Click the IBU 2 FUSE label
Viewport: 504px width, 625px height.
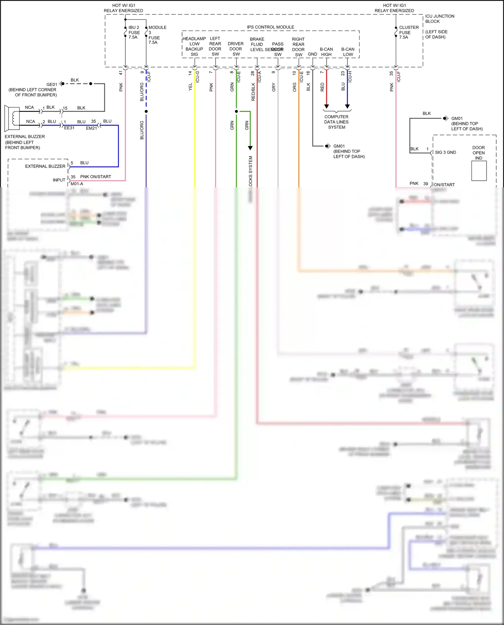point(134,32)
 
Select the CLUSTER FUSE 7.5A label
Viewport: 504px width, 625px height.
point(409,32)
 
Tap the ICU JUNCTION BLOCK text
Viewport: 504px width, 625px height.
point(439,19)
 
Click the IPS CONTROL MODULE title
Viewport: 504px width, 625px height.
point(270,27)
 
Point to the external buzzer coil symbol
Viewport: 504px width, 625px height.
point(13,118)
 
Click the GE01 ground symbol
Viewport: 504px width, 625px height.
point(62,84)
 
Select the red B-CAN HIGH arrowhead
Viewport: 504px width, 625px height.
point(326,106)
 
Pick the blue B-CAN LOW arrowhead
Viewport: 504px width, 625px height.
point(347,106)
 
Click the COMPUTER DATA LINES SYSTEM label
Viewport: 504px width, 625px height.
point(336,122)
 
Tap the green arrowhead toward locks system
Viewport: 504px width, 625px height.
point(250,148)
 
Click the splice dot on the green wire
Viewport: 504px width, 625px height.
point(236,111)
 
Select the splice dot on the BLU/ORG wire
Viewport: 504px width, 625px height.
point(146,111)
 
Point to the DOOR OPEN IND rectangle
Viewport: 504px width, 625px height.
point(479,171)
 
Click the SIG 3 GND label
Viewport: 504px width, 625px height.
point(445,152)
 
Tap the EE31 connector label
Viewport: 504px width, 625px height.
point(69,128)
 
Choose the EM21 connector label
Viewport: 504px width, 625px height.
point(91,128)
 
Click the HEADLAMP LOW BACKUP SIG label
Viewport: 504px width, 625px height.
point(194,46)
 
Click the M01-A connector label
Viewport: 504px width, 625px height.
point(77,184)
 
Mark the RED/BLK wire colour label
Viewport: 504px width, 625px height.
point(253,92)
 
